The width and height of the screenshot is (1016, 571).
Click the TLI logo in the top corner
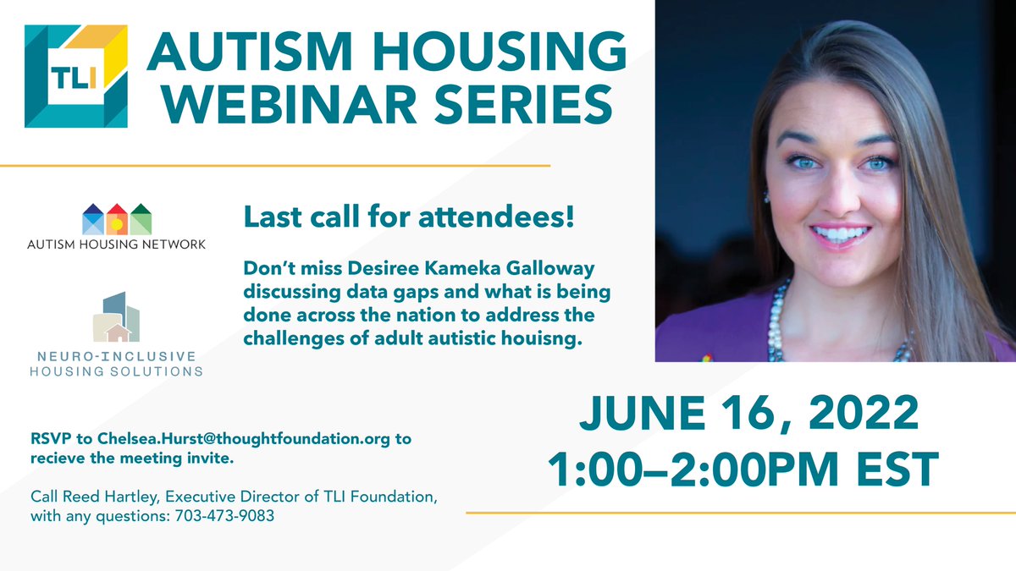pyautogui.click(x=76, y=76)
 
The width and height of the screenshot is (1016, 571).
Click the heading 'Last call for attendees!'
pyautogui.click(x=409, y=216)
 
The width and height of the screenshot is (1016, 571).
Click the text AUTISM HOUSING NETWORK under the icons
pyautogui.click(x=117, y=245)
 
